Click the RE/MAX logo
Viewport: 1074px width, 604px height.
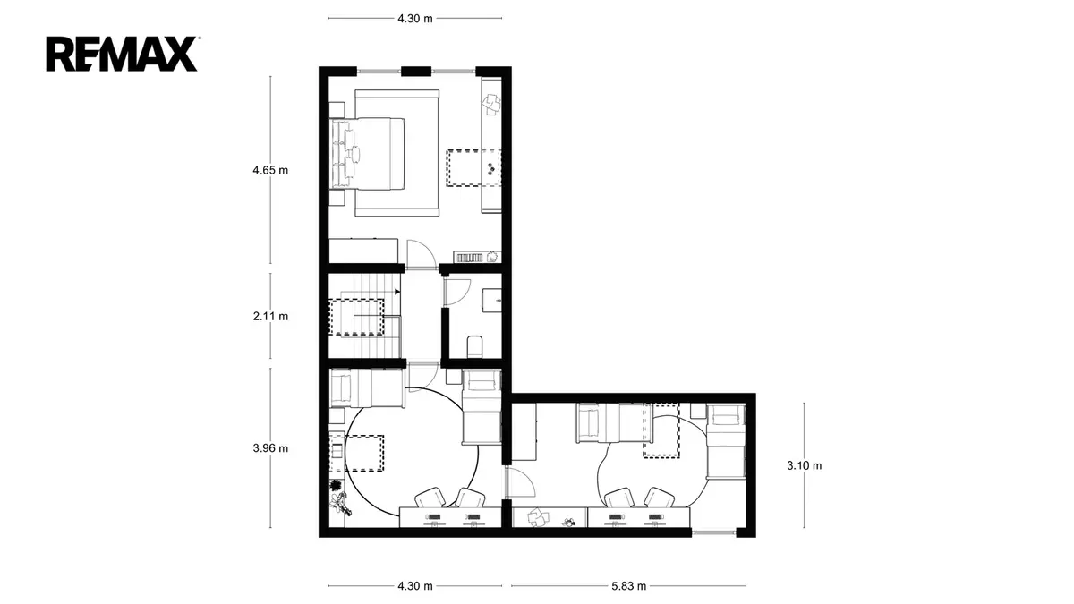pyautogui.click(x=122, y=54)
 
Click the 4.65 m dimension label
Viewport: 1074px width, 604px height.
pyautogui.click(x=270, y=170)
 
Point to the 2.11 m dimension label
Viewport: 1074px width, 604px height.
pyautogui.click(x=270, y=317)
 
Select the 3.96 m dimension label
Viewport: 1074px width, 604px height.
pyautogui.click(x=270, y=448)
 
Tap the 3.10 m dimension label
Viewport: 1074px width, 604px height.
pyautogui.click(x=804, y=465)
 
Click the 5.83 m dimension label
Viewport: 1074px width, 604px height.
pyautogui.click(x=628, y=586)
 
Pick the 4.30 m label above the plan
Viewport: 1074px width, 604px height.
pyautogui.click(x=414, y=19)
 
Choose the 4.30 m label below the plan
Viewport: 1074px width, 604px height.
pyautogui.click(x=414, y=586)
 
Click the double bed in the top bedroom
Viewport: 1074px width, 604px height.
pyautogui.click(x=368, y=154)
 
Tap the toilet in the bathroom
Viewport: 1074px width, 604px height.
pyautogui.click(x=474, y=346)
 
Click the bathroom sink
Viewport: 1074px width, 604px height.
pyautogui.click(x=492, y=300)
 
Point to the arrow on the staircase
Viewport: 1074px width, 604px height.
pyautogui.click(x=397, y=292)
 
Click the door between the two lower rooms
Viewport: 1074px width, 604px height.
pyautogui.click(x=519, y=482)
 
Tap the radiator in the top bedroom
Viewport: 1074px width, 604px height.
pyautogui.click(x=469, y=258)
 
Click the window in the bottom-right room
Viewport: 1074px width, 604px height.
pyautogui.click(x=714, y=532)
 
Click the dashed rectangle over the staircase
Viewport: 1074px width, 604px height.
pyautogui.click(x=356, y=317)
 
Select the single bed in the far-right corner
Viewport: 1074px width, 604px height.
pyautogui.click(x=727, y=441)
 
